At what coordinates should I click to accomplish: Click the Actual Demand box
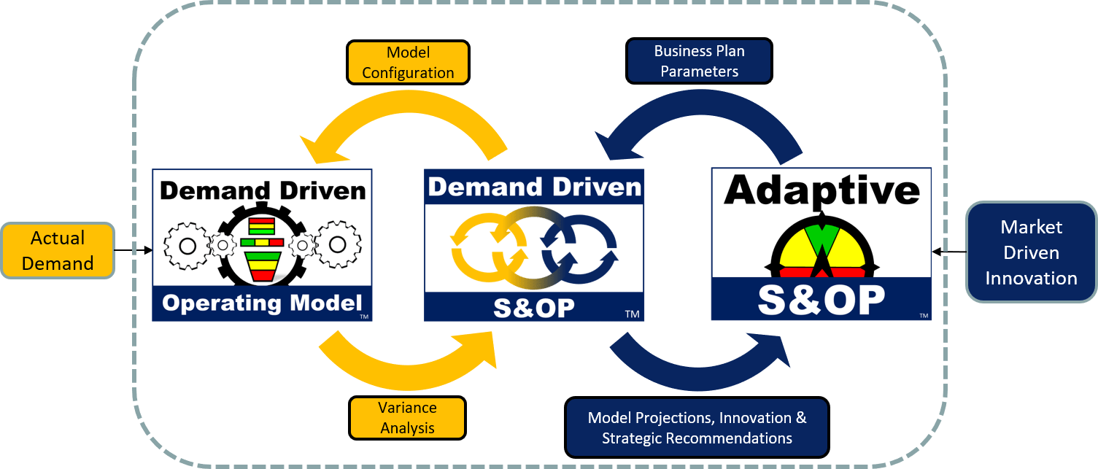tap(58, 250)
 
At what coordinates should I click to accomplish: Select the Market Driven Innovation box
tap(1032, 252)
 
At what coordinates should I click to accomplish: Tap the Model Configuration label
tap(408, 62)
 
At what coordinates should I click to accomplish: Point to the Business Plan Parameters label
tap(699, 61)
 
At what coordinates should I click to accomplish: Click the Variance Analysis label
tap(407, 417)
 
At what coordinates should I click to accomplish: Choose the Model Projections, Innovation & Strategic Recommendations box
tap(697, 427)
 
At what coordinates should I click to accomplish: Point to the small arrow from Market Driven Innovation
tap(949, 252)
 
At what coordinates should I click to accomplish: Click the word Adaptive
tap(822, 190)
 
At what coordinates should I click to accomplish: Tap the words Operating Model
tap(262, 303)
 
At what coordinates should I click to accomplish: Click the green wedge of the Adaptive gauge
tap(822, 238)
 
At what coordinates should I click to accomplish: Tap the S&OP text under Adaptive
tap(821, 300)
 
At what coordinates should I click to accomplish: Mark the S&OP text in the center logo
tap(534, 309)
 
